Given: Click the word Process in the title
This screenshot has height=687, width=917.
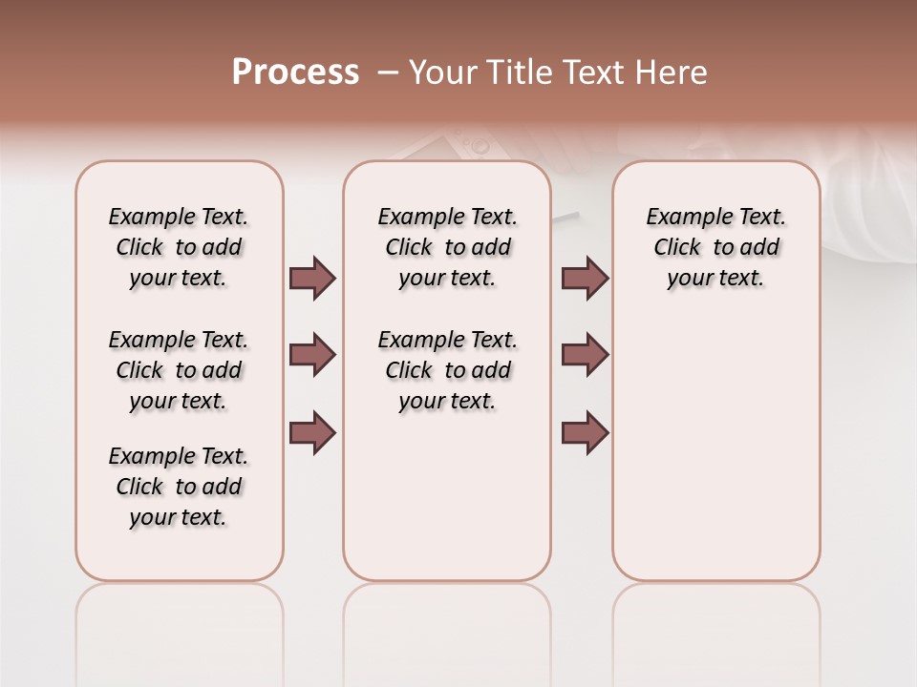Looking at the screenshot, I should point(295,73).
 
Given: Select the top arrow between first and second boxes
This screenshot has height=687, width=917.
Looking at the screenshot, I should point(312,279).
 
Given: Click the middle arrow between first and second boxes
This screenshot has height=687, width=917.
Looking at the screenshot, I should point(312,355).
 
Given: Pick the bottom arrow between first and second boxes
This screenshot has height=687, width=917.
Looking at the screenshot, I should point(312,433).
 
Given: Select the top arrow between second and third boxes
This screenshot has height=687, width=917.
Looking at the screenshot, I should point(585,279).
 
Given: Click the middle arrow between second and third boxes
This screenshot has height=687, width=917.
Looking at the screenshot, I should point(585,355).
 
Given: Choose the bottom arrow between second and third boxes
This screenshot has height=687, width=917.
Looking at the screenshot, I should point(585,433).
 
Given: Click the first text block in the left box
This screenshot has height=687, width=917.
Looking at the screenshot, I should point(179,247).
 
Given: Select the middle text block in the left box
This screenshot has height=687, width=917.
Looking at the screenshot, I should point(179,370).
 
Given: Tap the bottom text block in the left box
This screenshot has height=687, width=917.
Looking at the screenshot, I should point(179,487).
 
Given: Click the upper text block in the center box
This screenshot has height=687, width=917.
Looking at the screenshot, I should point(447,247).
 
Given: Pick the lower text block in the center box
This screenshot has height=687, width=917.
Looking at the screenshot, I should point(447,370).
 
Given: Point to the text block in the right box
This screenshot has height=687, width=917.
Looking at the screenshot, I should point(715,247).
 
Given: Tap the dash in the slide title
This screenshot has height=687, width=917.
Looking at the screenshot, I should point(388,73).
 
